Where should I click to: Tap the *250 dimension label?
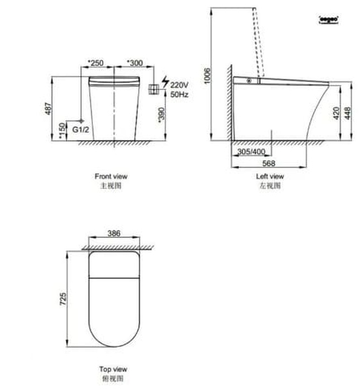[x=95, y=63]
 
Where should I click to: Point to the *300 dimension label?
[x=134, y=63]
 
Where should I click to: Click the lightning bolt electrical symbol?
[x=164, y=84]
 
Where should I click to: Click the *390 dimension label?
[x=161, y=116]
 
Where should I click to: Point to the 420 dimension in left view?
[x=335, y=113]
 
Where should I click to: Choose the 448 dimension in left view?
[x=348, y=113]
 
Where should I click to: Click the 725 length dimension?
[x=63, y=299]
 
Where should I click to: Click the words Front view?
[x=111, y=177]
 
